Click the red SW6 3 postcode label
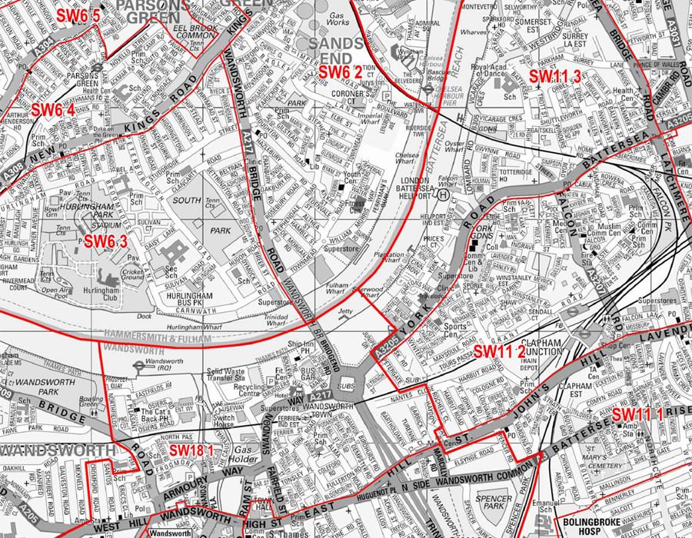coord(116,242)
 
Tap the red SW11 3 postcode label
coord(554,75)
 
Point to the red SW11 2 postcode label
coord(499,350)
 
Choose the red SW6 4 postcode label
coord(53,109)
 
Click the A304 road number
coord(42,50)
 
